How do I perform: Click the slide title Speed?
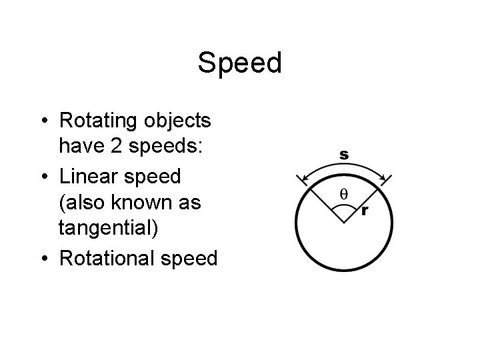point(240,63)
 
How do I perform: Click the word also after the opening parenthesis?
point(86,202)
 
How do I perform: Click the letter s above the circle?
point(343,155)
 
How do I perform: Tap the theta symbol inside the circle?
point(343,194)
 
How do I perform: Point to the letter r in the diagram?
point(364,211)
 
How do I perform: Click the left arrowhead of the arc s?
point(303,177)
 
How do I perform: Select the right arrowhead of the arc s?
point(384,177)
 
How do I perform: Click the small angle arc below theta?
point(343,208)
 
